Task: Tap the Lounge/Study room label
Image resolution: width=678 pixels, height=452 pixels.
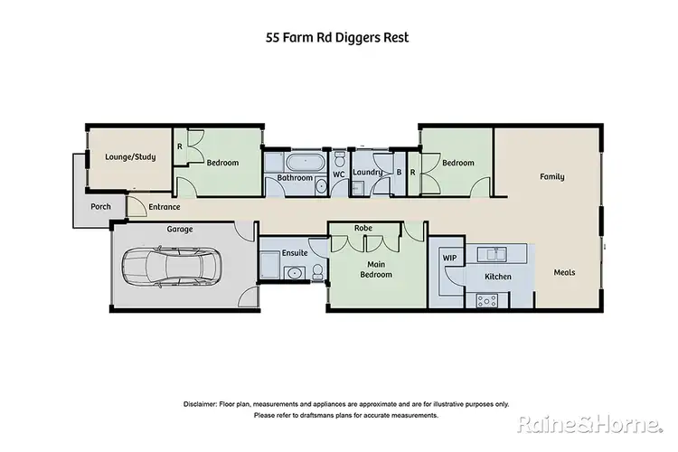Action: tap(130, 156)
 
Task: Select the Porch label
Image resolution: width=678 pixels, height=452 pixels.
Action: tap(100, 206)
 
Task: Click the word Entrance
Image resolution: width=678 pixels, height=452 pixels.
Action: tap(165, 207)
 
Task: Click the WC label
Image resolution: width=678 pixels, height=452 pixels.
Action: tap(339, 174)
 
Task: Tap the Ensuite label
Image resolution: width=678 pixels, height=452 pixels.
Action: tap(295, 252)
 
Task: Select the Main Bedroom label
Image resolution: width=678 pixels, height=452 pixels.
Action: tap(377, 268)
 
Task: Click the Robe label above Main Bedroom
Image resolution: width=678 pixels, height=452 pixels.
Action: tap(364, 228)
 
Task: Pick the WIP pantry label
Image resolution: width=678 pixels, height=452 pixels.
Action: tap(449, 258)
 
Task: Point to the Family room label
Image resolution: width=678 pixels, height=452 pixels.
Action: tap(552, 176)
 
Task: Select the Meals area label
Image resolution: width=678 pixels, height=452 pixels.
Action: tap(565, 272)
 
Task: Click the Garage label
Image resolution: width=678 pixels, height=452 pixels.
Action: tap(179, 230)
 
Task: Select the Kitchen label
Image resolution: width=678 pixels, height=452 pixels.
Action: tap(498, 277)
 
